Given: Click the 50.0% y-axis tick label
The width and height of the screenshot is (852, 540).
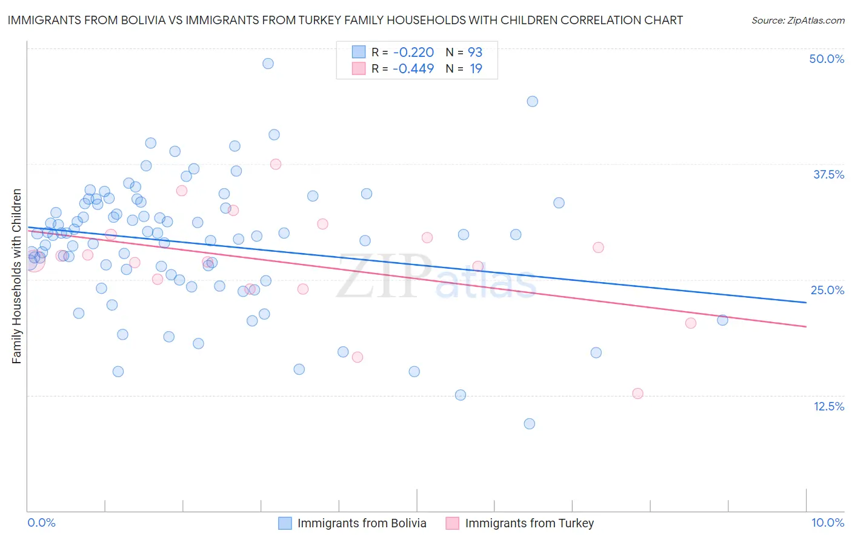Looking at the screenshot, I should [x=827, y=59].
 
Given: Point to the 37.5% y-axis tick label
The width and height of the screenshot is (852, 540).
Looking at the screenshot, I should [x=828, y=174].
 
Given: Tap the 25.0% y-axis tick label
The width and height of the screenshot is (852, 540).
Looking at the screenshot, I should [x=827, y=290].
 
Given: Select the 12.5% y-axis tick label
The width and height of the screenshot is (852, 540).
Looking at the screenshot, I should [x=828, y=406].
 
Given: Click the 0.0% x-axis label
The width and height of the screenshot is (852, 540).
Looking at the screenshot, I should [x=41, y=522].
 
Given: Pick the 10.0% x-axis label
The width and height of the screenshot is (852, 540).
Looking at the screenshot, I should [x=828, y=522].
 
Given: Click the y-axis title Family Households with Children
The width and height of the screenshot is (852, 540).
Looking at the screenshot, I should [x=16, y=276].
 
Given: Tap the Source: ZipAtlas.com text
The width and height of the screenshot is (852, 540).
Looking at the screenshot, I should [x=797, y=21].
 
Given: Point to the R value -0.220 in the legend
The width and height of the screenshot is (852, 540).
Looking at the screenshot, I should [x=413, y=53].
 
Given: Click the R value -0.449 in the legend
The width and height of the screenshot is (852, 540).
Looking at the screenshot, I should [x=413, y=69].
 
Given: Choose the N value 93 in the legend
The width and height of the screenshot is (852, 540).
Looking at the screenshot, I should [x=475, y=53].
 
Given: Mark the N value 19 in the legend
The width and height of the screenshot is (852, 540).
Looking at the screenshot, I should [x=476, y=69].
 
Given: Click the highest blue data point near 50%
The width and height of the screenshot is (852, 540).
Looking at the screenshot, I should [x=268, y=64].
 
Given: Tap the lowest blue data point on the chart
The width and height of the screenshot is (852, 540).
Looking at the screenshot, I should [x=529, y=424].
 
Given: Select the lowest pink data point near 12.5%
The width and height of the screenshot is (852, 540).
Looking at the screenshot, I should [x=637, y=393].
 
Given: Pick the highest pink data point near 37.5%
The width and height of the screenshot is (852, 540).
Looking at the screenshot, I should [x=276, y=164].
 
